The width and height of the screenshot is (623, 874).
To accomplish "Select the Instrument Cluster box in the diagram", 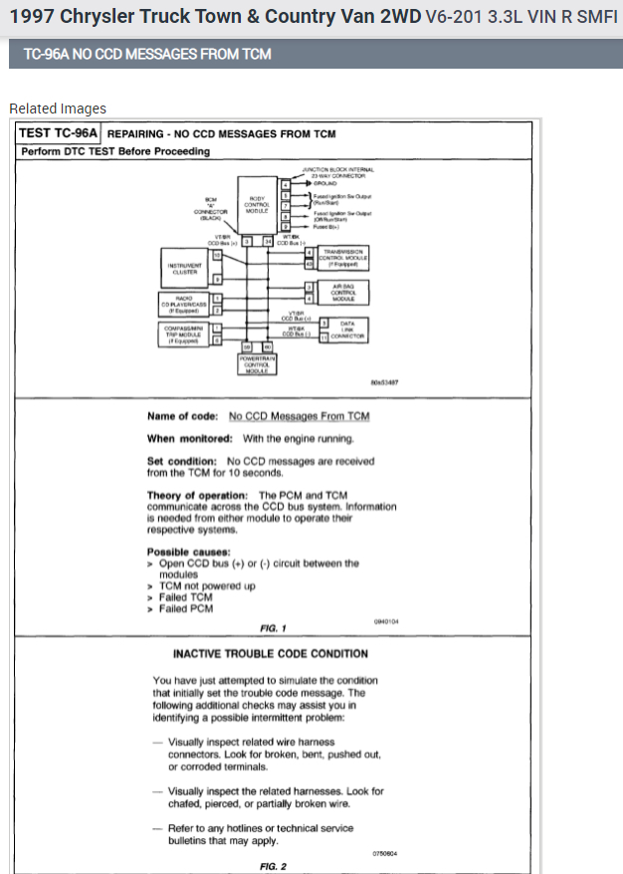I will (x=187, y=267).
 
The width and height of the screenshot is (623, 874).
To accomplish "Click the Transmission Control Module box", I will (x=343, y=258).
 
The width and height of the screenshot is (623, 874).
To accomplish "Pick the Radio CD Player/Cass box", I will (x=185, y=303).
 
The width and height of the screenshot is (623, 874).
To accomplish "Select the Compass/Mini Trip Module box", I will (x=185, y=333).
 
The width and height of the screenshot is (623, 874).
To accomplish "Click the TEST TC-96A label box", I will (x=59, y=132).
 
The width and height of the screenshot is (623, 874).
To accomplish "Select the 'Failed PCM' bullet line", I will (x=185, y=609).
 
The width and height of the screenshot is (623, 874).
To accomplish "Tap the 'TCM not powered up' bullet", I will (x=207, y=586).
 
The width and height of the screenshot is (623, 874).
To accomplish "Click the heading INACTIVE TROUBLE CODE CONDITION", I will (x=270, y=654).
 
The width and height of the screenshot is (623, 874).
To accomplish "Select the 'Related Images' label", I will (x=58, y=109).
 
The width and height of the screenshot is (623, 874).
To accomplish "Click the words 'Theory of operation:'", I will (x=197, y=495).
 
